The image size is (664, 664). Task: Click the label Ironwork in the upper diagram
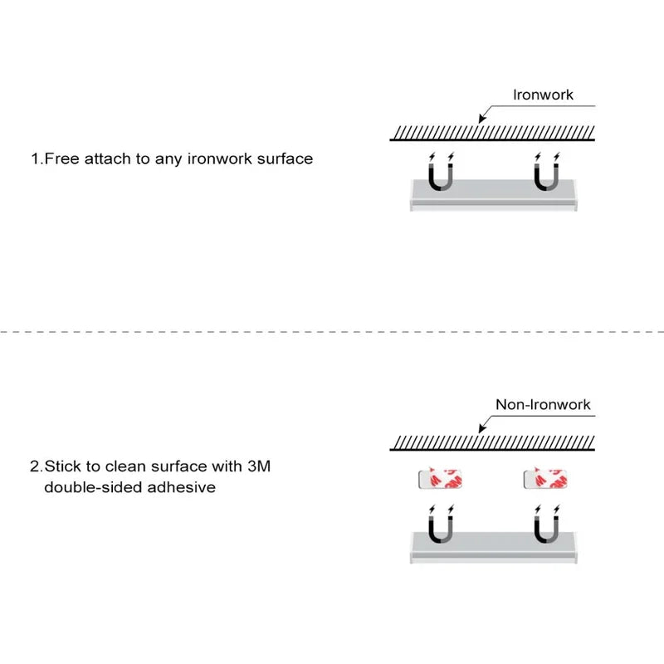coord(544,95)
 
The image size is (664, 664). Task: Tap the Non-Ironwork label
coord(543,404)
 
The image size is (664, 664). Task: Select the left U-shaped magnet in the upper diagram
coord(440,177)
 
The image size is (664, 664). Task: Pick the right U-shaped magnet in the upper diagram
coord(545,177)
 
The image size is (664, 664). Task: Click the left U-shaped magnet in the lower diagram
coord(440,527)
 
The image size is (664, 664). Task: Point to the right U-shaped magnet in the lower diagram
coord(545,527)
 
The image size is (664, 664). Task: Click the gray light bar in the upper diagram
coord(493,198)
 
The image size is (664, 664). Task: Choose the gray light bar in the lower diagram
coord(493,549)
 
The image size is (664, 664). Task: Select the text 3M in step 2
coord(259,466)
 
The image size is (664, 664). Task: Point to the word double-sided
coord(93,487)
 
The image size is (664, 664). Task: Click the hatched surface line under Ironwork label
coord(493,134)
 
